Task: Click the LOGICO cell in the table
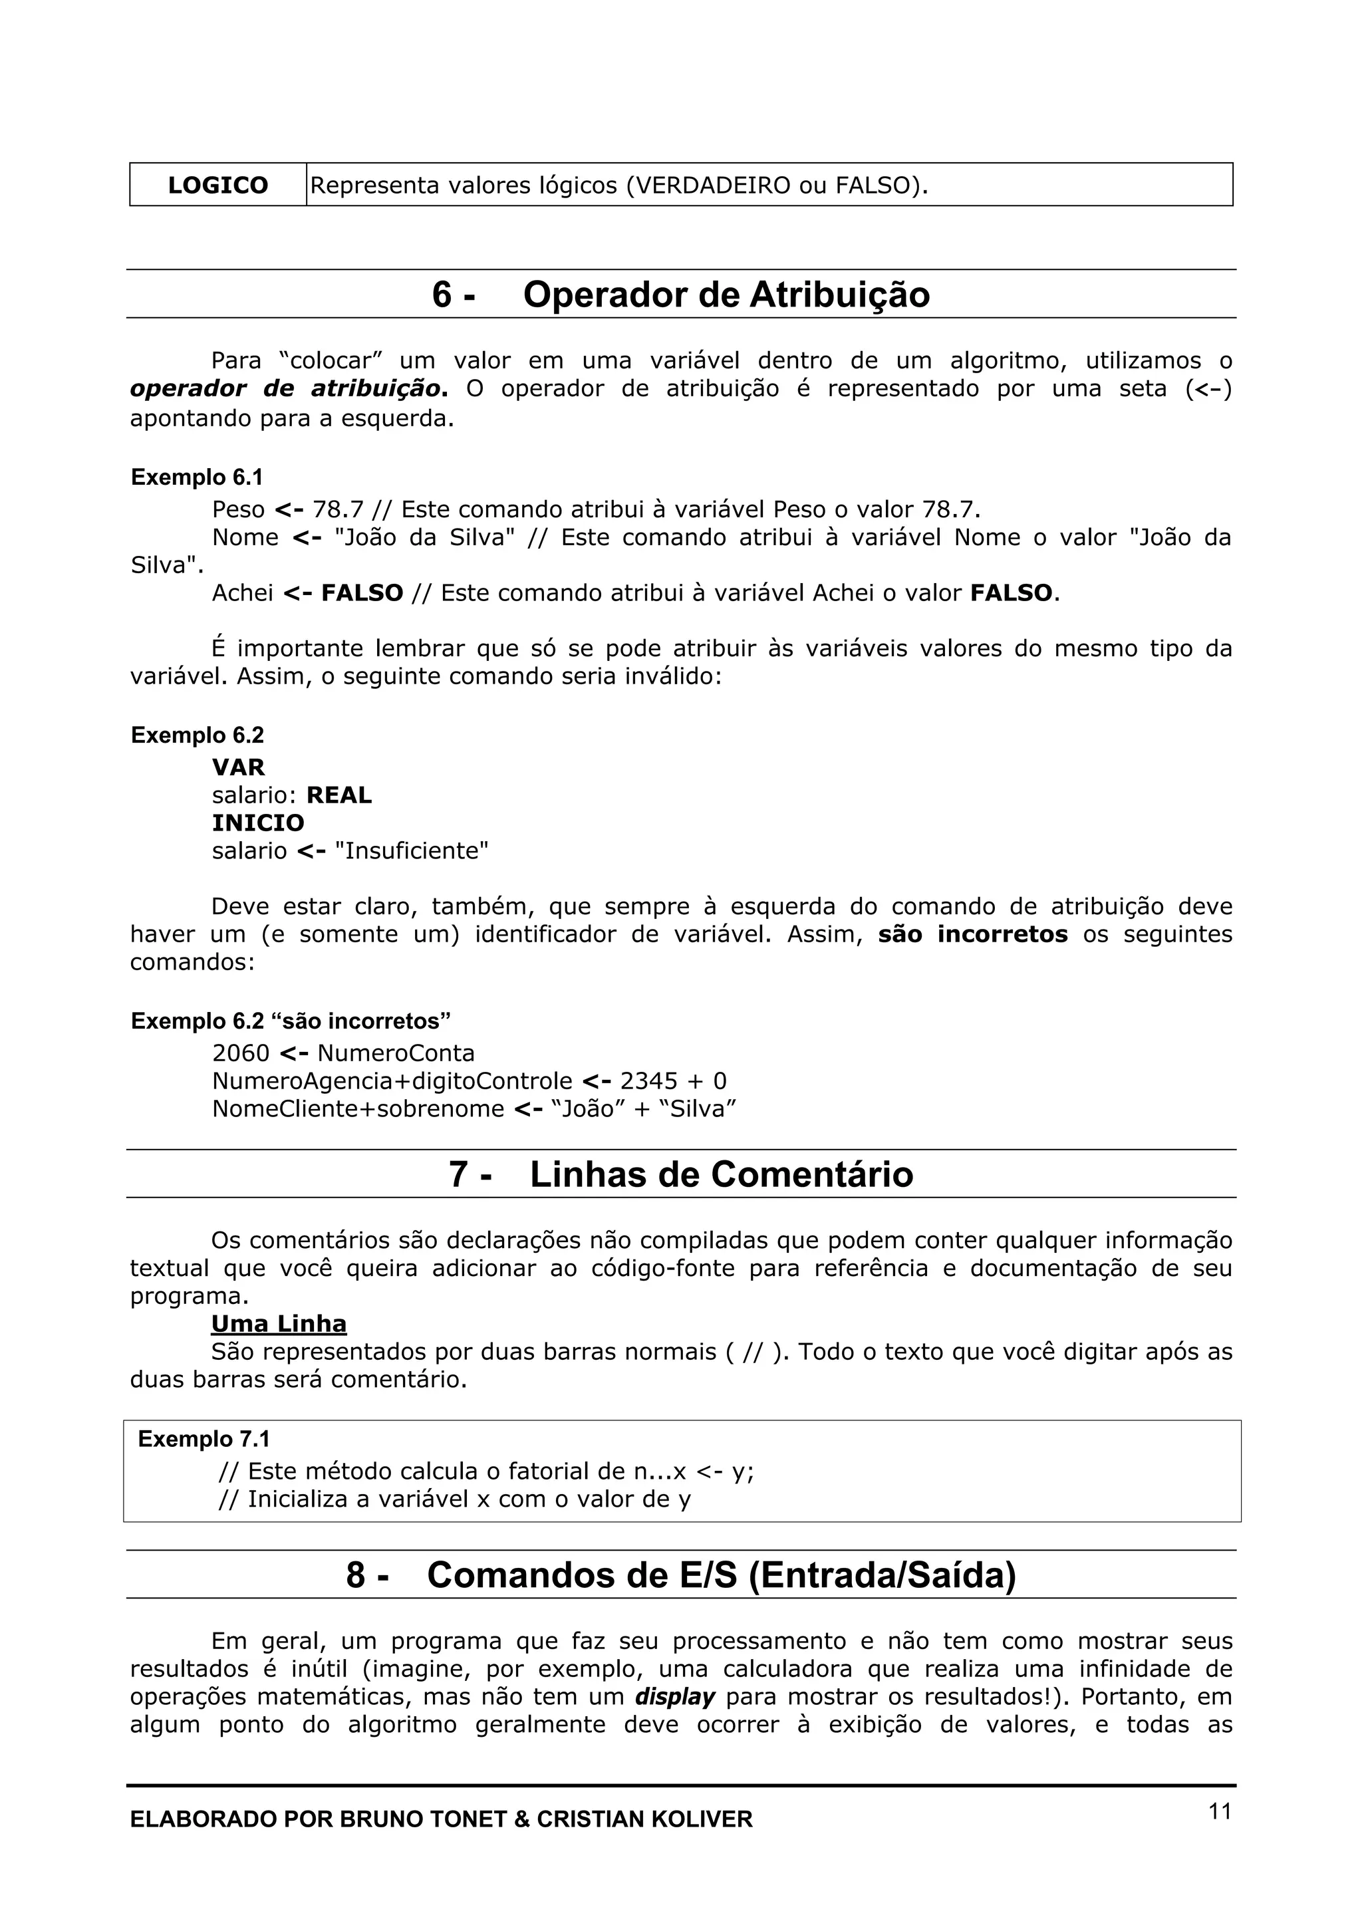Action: coord(217,185)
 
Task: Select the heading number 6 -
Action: coord(453,295)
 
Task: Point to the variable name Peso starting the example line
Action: coord(237,509)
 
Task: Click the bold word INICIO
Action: coord(257,823)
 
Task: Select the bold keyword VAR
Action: coord(238,767)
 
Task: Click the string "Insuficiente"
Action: coord(411,851)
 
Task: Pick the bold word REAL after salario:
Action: coord(339,795)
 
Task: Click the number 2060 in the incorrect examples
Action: coord(240,1053)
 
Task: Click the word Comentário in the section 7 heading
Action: coord(811,1174)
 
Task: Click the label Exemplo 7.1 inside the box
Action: coord(204,1440)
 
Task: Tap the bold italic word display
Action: coord(675,1697)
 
